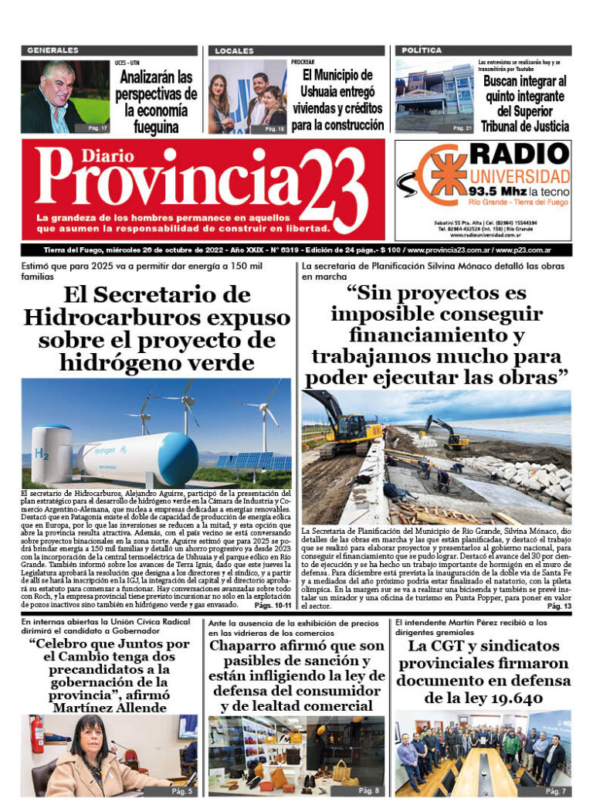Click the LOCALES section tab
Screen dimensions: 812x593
(234, 50)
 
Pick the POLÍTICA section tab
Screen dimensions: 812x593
(421, 50)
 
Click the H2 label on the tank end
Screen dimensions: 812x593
(40, 453)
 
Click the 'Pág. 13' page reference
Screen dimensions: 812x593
(559, 606)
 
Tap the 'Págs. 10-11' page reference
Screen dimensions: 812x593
(270, 606)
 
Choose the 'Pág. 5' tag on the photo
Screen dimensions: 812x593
(182, 790)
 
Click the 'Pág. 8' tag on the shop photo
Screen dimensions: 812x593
(369, 790)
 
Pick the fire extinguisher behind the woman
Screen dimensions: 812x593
(36, 734)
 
